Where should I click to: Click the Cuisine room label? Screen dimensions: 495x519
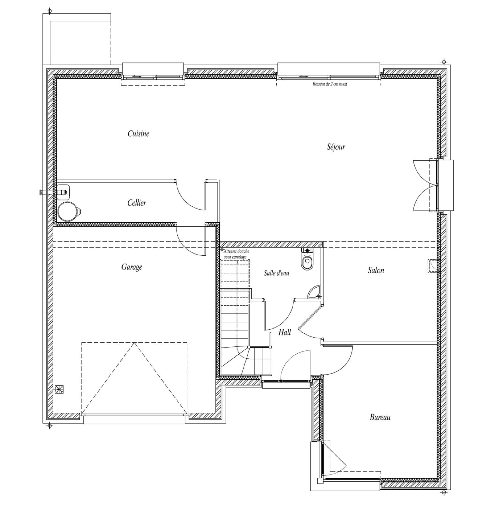click(x=138, y=134)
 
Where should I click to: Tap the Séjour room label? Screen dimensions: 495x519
click(x=336, y=147)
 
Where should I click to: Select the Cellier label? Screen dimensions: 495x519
click(x=137, y=203)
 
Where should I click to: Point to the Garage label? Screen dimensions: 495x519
click(x=132, y=267)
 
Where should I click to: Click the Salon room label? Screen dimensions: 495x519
click(x=376, y=270)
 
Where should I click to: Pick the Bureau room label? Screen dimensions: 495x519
click(x=380, y=417)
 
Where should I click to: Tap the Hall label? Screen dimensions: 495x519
click(x=284, y=332)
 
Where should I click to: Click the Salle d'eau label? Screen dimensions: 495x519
click(x=277, y=273)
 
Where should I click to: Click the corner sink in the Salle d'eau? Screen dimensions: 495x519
click(x=314, y=292)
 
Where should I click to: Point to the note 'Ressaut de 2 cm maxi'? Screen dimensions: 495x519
click(x=330, y=84)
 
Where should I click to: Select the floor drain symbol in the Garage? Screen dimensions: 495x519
click(x=59, y=389)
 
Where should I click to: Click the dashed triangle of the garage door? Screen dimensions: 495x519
click(x=134, y=378)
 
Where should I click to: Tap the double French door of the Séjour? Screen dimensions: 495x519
click(x=426, y=185)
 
